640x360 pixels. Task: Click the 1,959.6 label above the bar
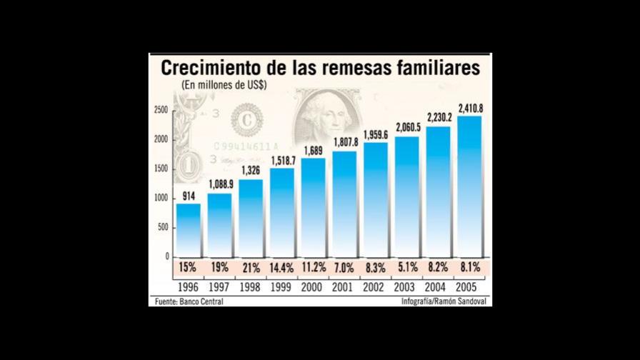pos(375,134)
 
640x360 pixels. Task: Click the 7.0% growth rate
pos(344,269)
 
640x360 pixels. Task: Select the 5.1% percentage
pos(406,269)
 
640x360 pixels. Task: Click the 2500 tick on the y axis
pos(161,110)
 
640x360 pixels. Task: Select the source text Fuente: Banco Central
pos(189,301)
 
